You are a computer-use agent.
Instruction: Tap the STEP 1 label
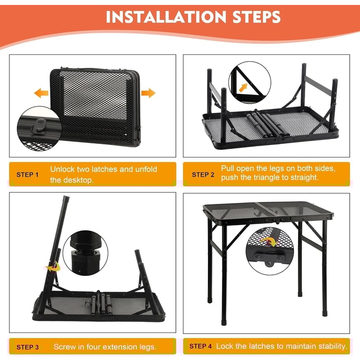pyautogui.click(x=27, y=174)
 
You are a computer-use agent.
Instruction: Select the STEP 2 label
pyautogui.click(x=203, y=174)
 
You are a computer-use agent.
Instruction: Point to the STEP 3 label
pyautogui.click(x=27, y=347)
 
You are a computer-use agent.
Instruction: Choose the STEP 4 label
pyautogui.click(x=201, y=346)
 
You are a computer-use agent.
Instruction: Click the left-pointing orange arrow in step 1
pyautogui.click(x=41, y=93)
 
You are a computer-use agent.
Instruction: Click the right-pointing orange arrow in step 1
pyautogui.click(x=148, y=93)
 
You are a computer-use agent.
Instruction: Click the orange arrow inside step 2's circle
pyautogui.click(x=243, y=87)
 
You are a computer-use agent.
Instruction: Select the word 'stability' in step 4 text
pyautogui.click(x=331, y=346)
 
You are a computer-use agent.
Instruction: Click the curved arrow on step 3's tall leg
pyautogui.click(x=53, y=265)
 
